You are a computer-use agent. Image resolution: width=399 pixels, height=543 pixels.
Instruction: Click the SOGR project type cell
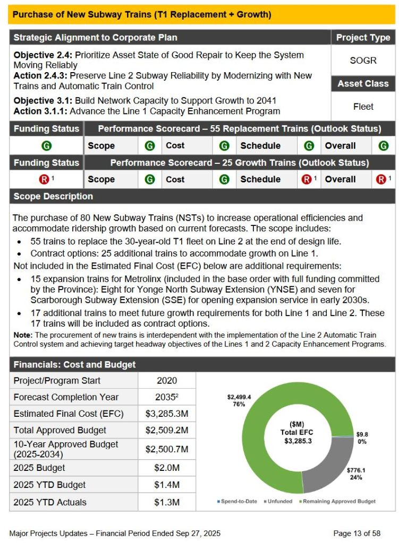click(363, 60)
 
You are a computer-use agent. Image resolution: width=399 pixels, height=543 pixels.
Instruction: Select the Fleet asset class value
click(363, 107)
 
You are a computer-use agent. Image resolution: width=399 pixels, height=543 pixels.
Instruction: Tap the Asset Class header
click(363, 84)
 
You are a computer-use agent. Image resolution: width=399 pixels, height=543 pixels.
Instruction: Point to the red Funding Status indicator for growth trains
click(45, 179)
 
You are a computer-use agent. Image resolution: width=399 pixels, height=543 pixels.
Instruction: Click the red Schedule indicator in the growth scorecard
click(307, 179)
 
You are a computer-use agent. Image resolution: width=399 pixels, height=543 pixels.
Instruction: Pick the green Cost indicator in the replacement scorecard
click(224, 146)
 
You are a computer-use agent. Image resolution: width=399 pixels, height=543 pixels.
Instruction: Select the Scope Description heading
click(53, 196)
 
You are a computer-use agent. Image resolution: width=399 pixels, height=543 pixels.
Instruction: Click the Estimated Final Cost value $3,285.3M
click(167, 414)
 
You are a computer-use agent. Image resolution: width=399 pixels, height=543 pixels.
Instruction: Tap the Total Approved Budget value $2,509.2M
click(167, 430)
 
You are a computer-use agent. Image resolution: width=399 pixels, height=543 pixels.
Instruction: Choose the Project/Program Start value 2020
click(167, 380)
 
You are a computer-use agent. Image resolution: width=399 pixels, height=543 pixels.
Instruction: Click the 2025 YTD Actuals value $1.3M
click(167, 502)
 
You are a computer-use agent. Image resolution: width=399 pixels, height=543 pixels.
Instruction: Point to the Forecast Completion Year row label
click(66, 397)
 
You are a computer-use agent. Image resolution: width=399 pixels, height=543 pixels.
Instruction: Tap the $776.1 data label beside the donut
click(356, 470)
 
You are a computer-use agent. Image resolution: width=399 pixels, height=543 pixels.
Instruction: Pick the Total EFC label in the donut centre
click(297, 432)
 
